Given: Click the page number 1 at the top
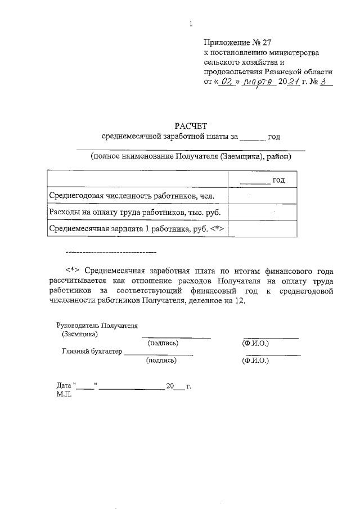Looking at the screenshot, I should (191, 24).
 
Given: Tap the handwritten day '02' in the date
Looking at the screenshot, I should (226, 82).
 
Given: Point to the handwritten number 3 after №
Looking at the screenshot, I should (325, 82).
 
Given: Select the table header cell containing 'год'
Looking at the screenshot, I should (262, 179).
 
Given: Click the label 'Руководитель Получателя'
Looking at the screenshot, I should (97, 326).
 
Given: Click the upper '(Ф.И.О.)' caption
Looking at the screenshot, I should (255, 343).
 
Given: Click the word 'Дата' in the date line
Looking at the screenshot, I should (64, 386).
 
